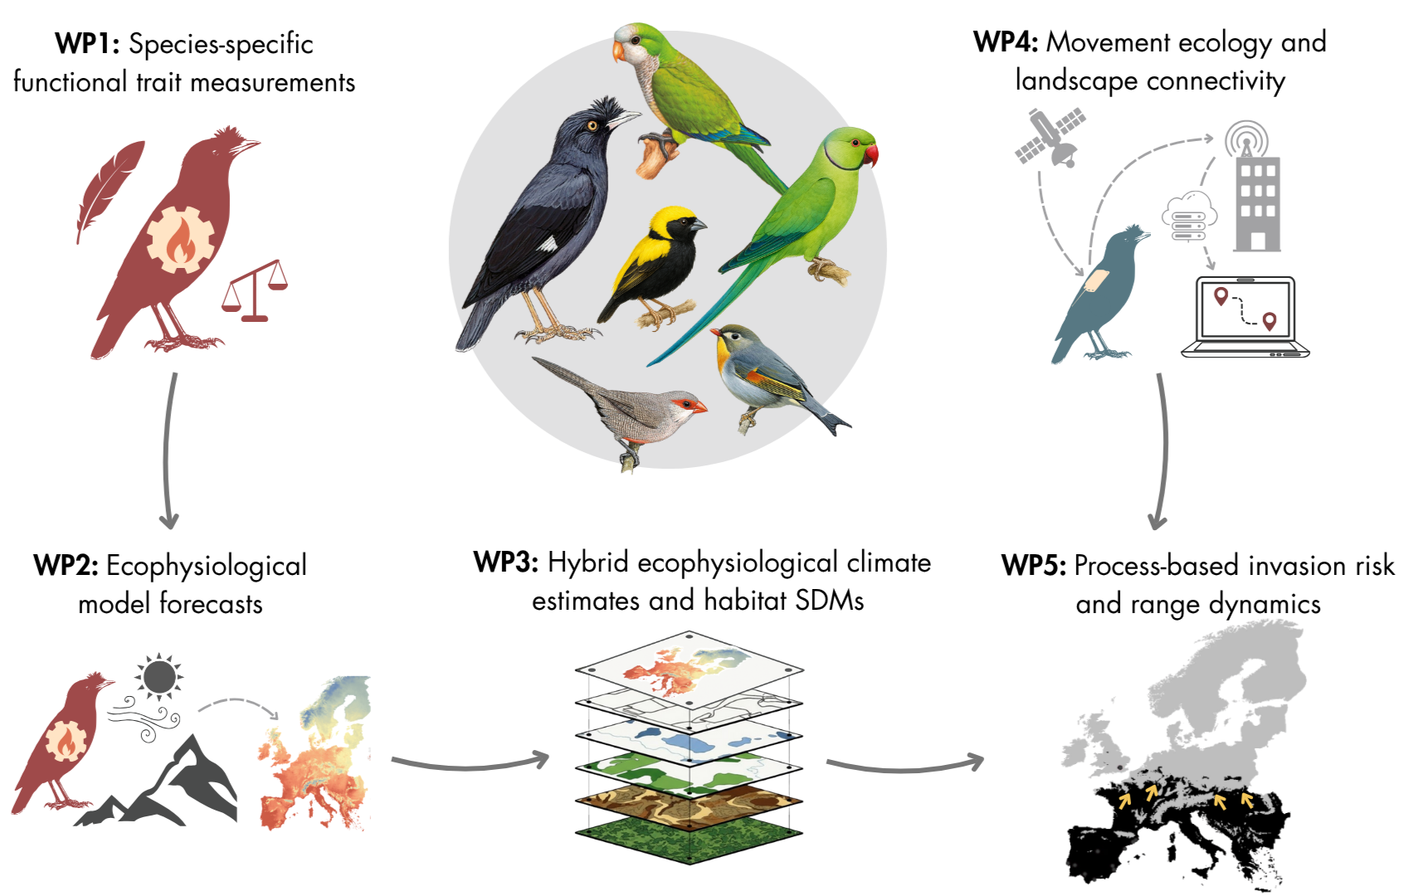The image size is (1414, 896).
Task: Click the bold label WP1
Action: (x=87, y=44)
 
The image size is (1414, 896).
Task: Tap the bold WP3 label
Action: (x=505, y=562)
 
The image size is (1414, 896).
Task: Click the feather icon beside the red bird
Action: (x=109, y=191)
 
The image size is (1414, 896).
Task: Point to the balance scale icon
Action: (x=255, y=290)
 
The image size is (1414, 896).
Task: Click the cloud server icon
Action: (x=1189, y=217)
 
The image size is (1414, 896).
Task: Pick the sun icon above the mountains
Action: (x=158, y=676)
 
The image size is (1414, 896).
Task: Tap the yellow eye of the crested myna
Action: (x=592, y=126)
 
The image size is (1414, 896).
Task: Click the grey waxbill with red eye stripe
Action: (x=622, y=410)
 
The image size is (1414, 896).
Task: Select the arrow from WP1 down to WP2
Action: (x=168, y=450)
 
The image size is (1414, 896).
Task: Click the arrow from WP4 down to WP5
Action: (x=1162, y=450)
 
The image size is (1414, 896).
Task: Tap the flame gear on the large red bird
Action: (x=181, y=240)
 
